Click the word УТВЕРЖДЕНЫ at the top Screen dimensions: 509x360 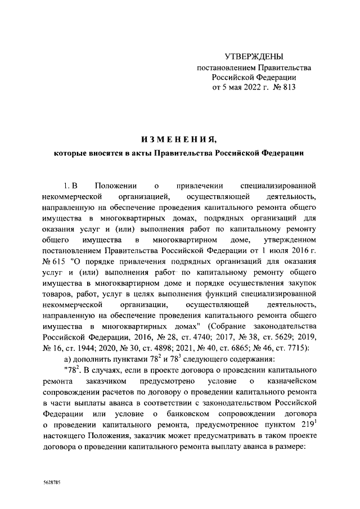pos(254,56)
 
